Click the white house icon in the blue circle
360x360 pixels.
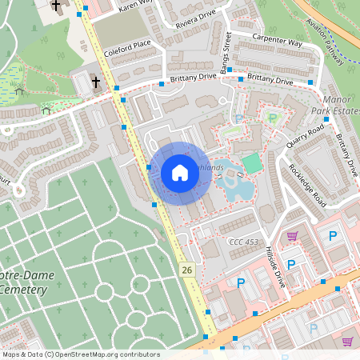[180, 173]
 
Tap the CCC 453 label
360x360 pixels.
[244, 242]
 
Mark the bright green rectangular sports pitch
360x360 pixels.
[251, 163]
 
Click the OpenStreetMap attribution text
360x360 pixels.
[80, 354]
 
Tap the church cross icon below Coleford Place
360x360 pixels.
[94, 82]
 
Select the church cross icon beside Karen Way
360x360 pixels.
[56, 6]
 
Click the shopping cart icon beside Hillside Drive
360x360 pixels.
[293, 235]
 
